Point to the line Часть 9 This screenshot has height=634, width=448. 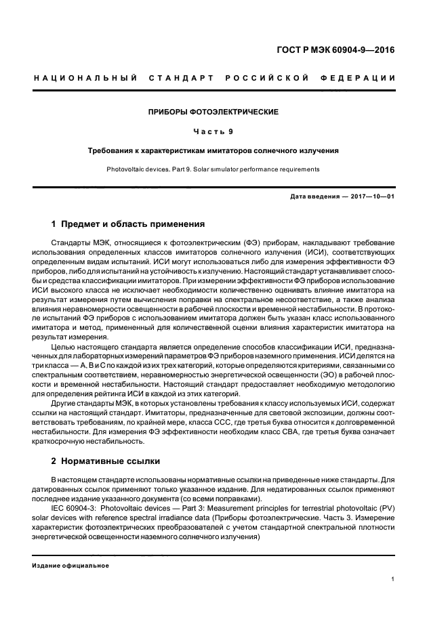[x=214, y=131]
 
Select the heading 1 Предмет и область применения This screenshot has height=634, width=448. [x=128, y=224]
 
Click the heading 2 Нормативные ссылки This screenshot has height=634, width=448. [x=106, y=461]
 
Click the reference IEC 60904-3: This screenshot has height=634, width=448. [x=75, y=508]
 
